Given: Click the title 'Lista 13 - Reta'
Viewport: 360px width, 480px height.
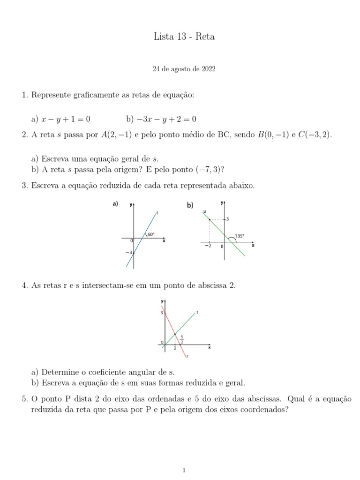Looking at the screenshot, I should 184,37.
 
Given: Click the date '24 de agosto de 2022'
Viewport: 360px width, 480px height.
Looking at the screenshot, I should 184,69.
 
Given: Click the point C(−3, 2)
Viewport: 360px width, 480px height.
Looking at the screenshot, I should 315,135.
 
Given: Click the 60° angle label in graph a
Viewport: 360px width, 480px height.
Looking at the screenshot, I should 150,234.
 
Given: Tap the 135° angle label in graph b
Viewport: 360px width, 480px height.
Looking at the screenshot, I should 240,236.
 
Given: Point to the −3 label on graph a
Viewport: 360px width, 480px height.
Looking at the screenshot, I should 128,253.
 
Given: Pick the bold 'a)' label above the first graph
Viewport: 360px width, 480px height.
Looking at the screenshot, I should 114,204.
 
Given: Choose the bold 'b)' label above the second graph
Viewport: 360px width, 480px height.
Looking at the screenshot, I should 190,205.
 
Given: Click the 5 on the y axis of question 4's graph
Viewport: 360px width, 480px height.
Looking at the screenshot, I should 161,313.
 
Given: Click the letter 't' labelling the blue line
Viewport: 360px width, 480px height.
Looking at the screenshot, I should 157,213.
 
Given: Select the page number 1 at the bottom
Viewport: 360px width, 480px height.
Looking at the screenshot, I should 184,469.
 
